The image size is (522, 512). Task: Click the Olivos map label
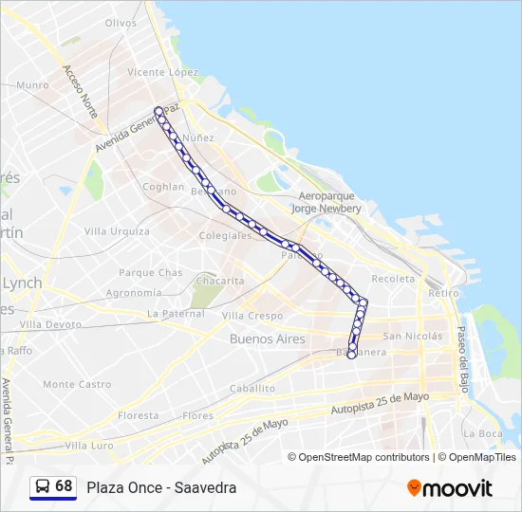click(121, 23)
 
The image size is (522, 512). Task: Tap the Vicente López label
click(162, 72)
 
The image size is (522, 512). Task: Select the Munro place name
click(32, 85)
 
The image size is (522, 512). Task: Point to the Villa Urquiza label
click(117, 231)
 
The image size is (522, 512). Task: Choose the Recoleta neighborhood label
click(393, 279)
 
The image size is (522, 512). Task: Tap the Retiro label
click(443, 294)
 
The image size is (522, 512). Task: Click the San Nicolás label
click(412, 336)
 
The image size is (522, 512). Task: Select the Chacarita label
click(219, 282)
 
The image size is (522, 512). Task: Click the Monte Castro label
click(77, 384)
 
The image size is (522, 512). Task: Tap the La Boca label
click(483, 433)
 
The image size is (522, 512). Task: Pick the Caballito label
click(252, 389)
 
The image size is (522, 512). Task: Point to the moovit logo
click(450, 488)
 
